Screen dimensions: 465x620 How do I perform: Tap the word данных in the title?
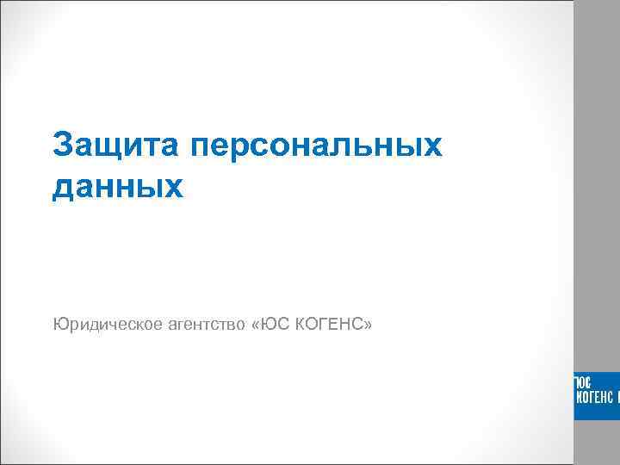click(x=118, y=186)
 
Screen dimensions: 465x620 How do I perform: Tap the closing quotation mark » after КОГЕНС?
click(x=368, y=325)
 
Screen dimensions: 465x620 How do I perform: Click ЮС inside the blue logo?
click(x=582, y=382)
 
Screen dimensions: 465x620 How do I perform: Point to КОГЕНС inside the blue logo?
click(x=594, y=397)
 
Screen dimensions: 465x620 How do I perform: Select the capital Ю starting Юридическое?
click(x=59, y=325)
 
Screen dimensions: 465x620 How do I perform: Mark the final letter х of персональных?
click(x=432, y=146)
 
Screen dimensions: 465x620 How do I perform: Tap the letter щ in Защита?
click(x=111, y=146)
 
